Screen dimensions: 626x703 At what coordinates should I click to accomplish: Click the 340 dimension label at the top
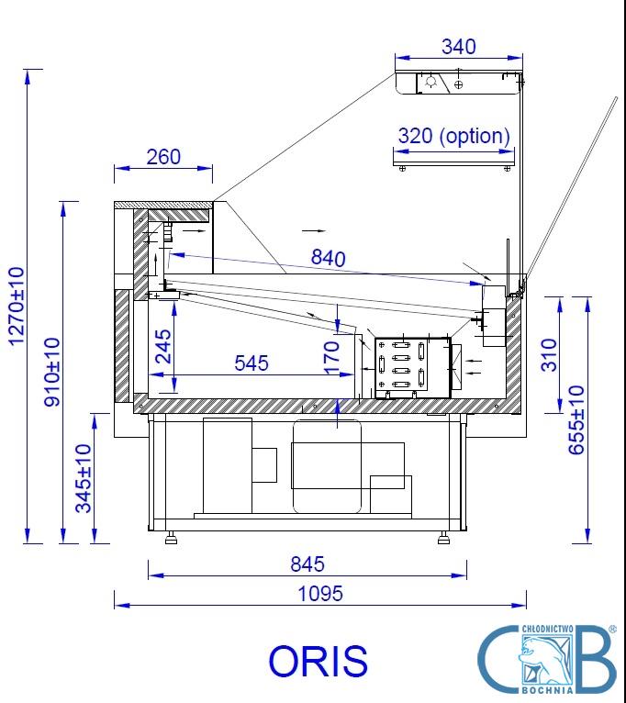[x=458, y=47]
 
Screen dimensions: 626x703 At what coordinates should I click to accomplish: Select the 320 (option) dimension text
[x=453, y=136]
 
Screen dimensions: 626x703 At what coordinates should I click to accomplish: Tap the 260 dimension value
[x=163, y=157]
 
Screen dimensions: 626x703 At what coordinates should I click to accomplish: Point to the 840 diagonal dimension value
[x=329, y=258]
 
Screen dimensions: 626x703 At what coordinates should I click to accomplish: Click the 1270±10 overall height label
[x=17, y=306]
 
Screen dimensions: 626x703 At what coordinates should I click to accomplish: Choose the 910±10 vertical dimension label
[x=52, y=372]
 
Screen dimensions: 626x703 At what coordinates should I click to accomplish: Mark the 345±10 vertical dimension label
[x=84, y=478]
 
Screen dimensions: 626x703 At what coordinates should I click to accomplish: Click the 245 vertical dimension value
[x=162, y=346]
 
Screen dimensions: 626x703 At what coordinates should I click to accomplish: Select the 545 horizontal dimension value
[x=252, y=363]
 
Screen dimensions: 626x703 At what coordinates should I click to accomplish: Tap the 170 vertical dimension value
[x=331, y=357]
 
